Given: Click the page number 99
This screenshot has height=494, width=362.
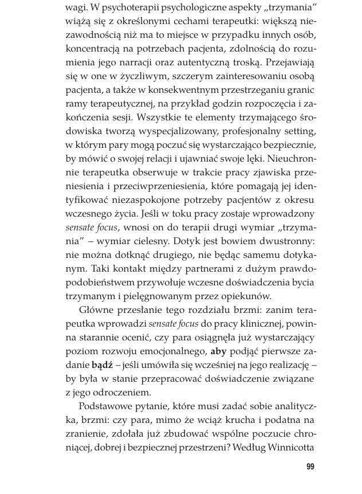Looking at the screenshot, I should point(310,466).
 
